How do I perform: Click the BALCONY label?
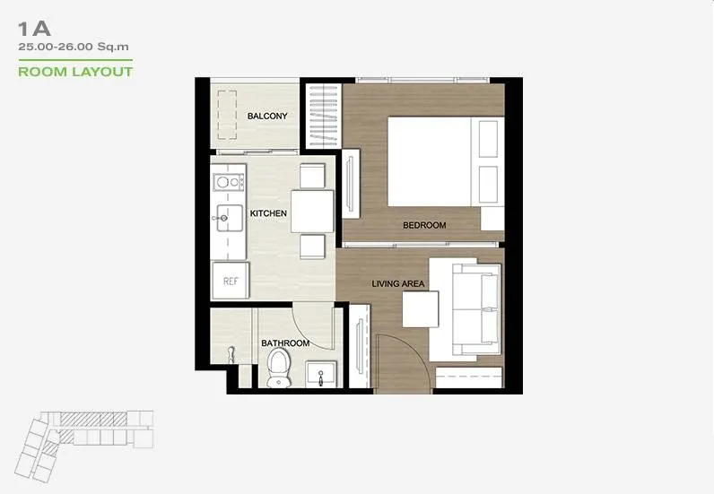(x=267, y=116)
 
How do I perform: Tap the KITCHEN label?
(x=268, y=213)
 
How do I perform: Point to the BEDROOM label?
(x=424, y=225)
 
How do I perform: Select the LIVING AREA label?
(x=398, y=283)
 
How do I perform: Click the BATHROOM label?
(x=285, y=342)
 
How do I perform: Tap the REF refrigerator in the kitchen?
(x=231, y=281)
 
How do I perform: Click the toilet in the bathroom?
(x=279, y=368)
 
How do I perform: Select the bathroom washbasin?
(x=321, y=374)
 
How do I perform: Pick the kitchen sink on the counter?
(x=229, y=218)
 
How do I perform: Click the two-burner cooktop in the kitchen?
(x=229, y=183)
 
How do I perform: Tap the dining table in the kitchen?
(x=312, y=212)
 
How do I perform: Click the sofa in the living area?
(x=476, y=309)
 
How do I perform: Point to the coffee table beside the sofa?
(x=421, y=309)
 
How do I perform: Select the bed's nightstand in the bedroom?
(x=492, y=219)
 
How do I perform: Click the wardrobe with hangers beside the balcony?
(x=323, y=116)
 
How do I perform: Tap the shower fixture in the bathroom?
(x=231, y=355)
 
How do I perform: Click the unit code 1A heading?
(x=34, y=30)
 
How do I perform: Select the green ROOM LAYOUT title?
(x=75, y=72)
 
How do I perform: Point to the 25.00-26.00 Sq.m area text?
(x=74, y=47)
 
